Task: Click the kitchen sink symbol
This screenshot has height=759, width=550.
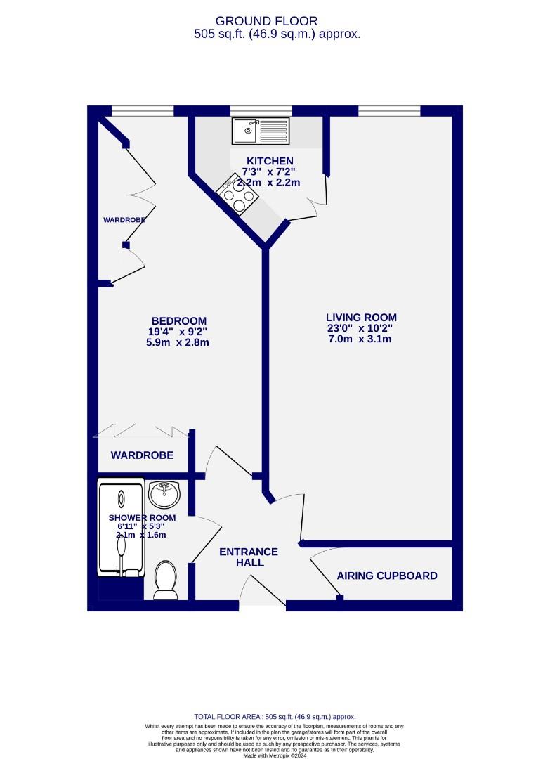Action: coord(261,130)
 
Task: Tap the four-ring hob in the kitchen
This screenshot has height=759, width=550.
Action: coord(235,195)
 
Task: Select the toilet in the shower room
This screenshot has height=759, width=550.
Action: coord(165,580)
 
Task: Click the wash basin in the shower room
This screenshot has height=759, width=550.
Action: coord(165,494)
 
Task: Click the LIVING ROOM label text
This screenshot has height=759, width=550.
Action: coord(360,317)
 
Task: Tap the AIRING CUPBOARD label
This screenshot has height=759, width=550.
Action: coord(386,576)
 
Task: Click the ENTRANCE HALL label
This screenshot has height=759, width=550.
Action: coord(249,557)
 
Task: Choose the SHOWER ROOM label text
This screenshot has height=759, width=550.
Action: coord(142,517)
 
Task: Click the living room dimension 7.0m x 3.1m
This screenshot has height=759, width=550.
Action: coord(360,339)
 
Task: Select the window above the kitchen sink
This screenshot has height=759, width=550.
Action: coord(261,110)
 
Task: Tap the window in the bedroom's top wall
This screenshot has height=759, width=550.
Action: coord(143,110)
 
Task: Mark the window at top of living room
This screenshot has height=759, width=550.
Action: coord(389,110)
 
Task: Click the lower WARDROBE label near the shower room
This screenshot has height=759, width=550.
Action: coord(142,455)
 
